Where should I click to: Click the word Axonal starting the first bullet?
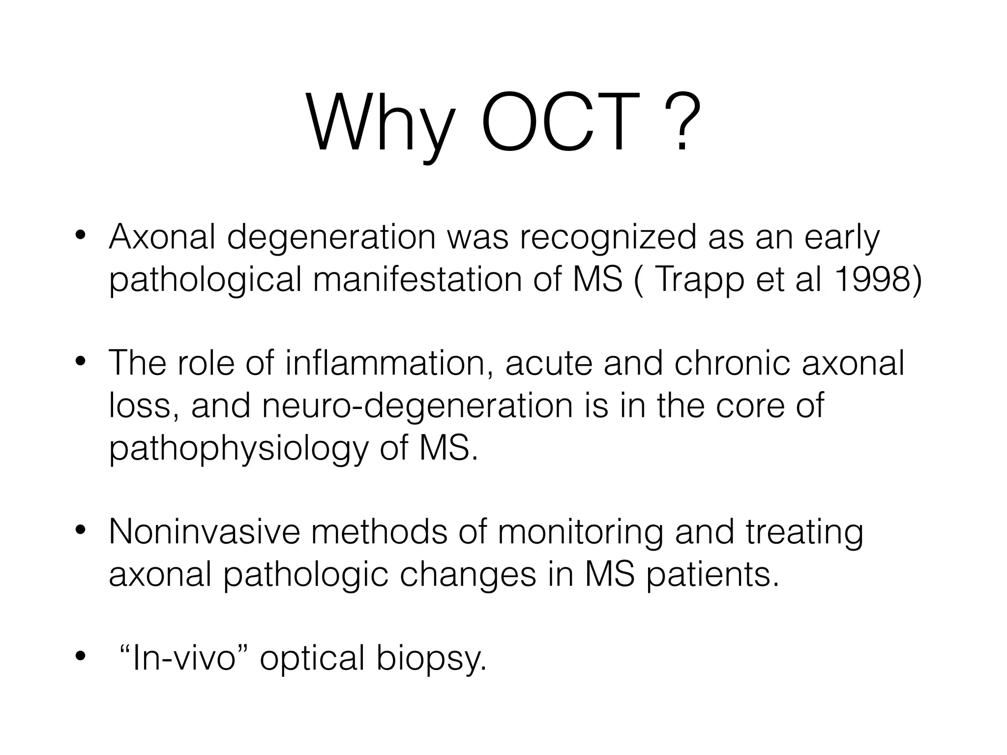pyautogui.click(x=162, y=237)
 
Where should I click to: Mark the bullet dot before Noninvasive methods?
pyautogui.click(x=81, y=531)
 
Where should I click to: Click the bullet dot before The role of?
pyautogui.click(x=81, y=363)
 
